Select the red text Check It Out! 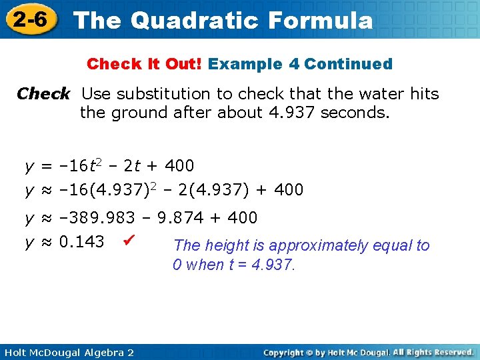[x=145, y=64]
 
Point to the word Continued [x=348, y=64]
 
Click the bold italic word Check [x=43, y=93]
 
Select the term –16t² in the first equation [x=81, y=165]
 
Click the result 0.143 [x=81, y=241]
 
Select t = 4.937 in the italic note [x=255, y=265]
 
